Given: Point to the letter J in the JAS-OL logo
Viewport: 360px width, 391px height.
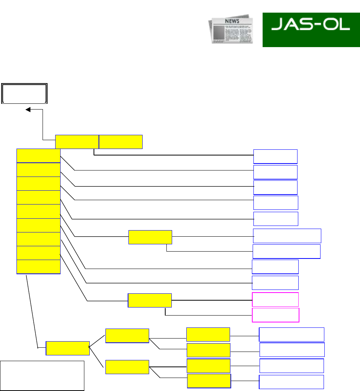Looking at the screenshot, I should pyautogui.click(x=276, y=25).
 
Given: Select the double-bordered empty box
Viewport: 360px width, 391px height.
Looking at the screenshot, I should pyautogui.click(x=25, y=93).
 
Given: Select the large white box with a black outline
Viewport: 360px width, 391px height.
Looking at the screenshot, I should pyautogui.click(x=42, y=375).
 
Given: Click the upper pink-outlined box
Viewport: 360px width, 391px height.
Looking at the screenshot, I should pyautogui.click(x=275, y=299).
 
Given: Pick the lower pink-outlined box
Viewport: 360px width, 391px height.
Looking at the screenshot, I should pyautogui.click(x=275, y=315).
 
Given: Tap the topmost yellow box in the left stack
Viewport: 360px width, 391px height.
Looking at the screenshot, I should pyautogui.click(x=38, y=156).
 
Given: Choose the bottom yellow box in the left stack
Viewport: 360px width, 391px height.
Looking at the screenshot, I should pyautogui.click(x=38, y=267).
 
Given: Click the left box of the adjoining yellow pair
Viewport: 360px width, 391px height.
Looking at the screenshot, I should pyautogui.click(x=77, y=142).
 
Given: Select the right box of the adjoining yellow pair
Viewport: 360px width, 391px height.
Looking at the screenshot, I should pyautogui.click(x=121, y=142).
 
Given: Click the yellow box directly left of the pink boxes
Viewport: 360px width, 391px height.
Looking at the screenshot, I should pyautogui.click(x=150, y=300).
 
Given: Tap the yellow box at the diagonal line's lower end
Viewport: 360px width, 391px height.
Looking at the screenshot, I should pyautogui.click(x=67, y=348).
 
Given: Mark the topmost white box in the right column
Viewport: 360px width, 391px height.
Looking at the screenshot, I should pyautogui.click(x=275, y=157).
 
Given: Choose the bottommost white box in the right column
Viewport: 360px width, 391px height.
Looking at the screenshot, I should pyautogui.click(x=291, y=382).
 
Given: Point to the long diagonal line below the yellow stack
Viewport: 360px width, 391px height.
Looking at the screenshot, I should pyautogui.click(x=32, y=310).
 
